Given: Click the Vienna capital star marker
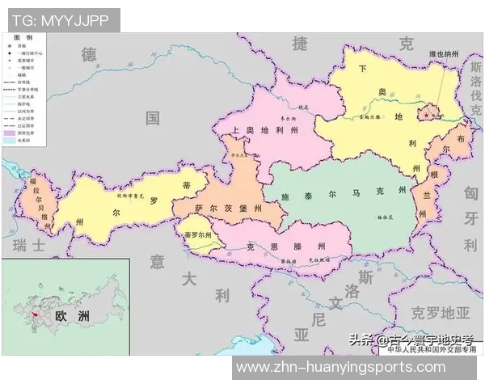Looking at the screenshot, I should tap(426, 115).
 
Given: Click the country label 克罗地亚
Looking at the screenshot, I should tap(440, 312).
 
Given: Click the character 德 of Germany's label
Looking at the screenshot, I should tap(89, 54).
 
